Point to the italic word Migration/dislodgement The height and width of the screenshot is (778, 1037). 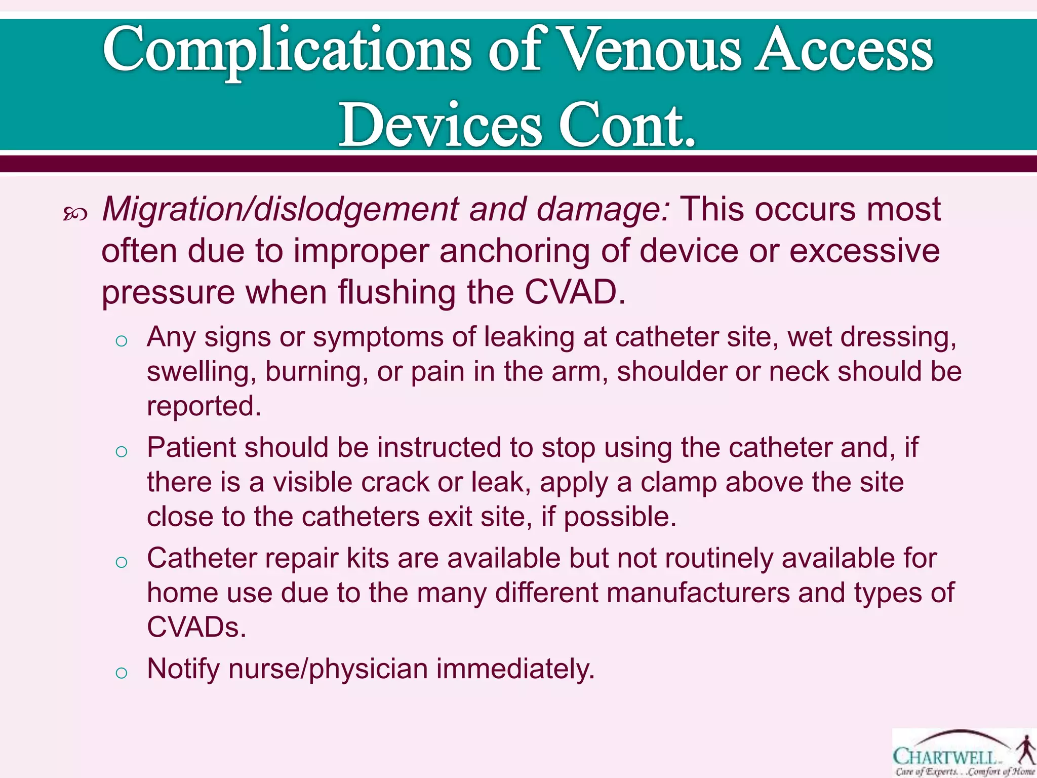(x=281, y=210)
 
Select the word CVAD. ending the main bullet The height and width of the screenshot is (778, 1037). (x=575, y=292)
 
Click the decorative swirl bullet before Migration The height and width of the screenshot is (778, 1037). (x=75, y=215)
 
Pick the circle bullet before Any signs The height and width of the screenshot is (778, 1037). (x=121, y=341)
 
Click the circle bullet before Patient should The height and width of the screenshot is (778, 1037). (x=121, y=451)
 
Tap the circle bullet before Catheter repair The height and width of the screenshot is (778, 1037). (x=121, y=562)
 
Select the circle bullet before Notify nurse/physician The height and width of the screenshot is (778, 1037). (x=121, y=673)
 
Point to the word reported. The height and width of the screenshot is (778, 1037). (x=204, y=406)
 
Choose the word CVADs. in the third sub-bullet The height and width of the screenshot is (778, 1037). (x=196, y=628)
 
